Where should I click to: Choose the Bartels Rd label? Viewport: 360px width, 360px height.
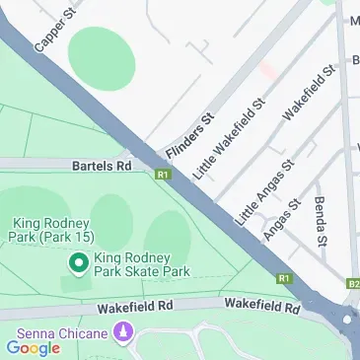(102, 167)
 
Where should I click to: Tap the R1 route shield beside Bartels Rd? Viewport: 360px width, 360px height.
(163, 174)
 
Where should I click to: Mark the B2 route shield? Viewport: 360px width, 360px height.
(353, 284)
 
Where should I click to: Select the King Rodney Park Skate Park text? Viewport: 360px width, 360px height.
(140, 263)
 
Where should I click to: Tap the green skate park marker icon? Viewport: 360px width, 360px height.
(78, 263)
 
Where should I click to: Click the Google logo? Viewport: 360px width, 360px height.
(33, 347)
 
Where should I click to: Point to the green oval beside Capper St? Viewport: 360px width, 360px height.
(101, 57)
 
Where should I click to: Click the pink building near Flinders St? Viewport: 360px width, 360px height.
(268, 72)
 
